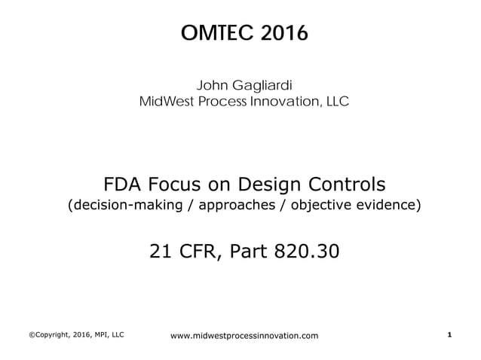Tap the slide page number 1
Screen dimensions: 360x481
point(449,333)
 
